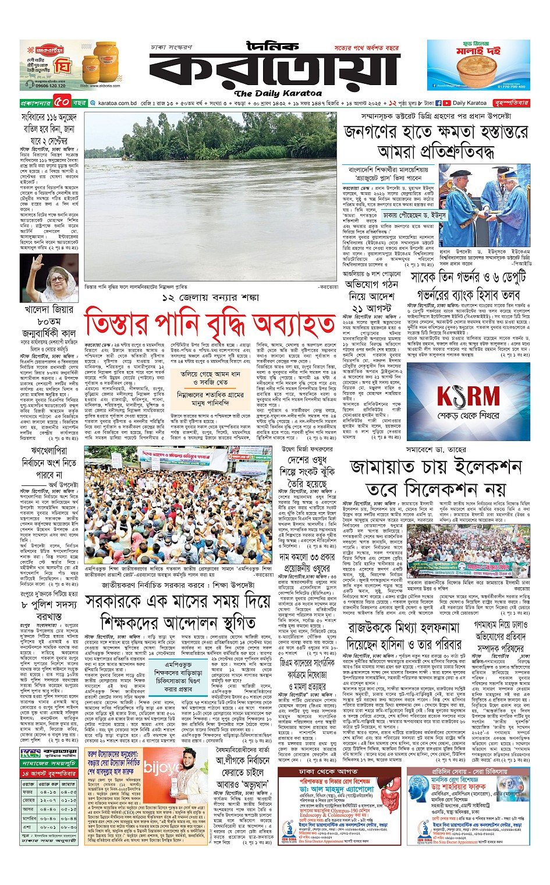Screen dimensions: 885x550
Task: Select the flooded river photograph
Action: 210,197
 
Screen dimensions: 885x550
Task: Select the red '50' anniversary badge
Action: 62,103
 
